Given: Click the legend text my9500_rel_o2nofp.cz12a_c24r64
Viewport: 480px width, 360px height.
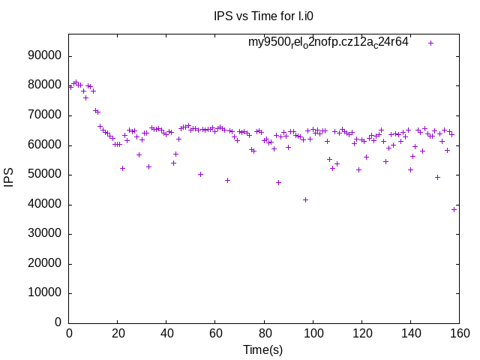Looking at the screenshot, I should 328,42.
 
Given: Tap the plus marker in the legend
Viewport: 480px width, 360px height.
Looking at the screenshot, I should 430,43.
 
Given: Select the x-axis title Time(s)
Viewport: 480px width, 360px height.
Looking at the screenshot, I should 262,349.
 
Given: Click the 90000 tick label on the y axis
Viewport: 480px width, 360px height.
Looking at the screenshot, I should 44,56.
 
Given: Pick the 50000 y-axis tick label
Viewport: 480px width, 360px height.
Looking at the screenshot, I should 44,175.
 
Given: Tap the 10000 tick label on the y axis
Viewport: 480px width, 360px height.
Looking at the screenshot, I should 44,293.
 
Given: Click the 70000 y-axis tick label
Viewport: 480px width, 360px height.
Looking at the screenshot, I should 44,115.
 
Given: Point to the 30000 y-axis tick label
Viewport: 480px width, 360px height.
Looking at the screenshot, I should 44,234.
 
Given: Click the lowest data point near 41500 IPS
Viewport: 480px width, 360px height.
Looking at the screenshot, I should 305,199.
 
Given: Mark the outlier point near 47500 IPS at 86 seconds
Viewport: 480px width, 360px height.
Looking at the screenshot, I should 278,182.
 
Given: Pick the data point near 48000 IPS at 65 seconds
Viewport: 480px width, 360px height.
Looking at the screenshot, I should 227,180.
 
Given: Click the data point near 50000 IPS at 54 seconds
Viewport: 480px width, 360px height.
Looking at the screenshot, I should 200,174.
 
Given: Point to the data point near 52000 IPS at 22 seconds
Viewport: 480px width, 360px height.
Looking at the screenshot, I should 122,168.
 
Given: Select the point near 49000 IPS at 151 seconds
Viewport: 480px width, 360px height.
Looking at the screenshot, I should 437,177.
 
